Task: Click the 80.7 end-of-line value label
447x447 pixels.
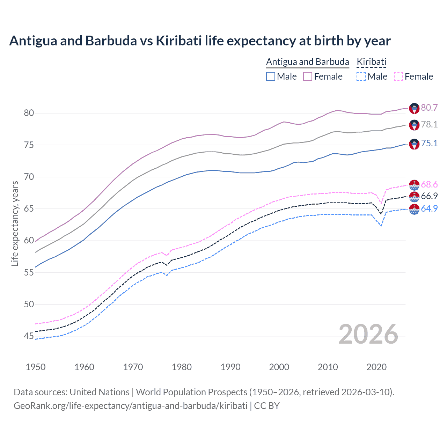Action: tap(429, 108)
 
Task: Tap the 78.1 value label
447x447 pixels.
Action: tap(429, 124)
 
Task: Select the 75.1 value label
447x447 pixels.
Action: tap(429, 143)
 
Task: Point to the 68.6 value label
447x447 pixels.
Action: tap(429, 184)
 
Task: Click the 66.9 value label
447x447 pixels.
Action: tap(429, 196)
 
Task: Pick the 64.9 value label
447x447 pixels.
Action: tap(429, 208)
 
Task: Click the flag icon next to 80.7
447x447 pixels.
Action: tap(414, 108)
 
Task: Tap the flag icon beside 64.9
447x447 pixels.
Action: tap(414, 209)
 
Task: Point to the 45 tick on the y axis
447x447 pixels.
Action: tap(29, 336)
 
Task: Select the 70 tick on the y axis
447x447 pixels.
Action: tap(29, 177)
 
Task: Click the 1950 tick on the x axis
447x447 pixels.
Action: tap(36, 367)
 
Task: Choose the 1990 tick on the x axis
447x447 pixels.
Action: tap(230, 367)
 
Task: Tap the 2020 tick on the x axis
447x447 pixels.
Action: tap(376, 367)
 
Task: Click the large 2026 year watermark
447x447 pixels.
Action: tap(368, 334)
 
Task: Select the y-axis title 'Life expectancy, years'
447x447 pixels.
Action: tap(15, 223)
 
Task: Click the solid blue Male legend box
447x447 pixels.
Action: tap(271, 76)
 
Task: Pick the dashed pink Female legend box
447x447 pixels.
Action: tap(398, 76)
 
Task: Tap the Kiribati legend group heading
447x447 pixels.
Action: tap(371, 62)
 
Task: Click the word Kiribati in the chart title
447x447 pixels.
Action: tap(178, 41)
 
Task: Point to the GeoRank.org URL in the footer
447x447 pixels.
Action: tap(130, 405)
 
